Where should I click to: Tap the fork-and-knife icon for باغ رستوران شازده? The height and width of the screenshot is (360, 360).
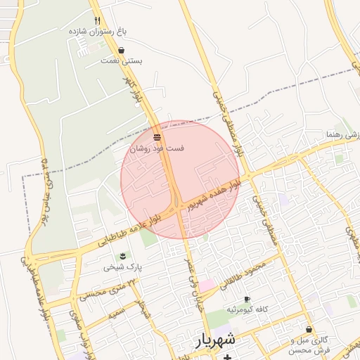(x=98, y=20)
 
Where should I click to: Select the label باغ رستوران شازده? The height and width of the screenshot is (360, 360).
(x=98, y=32)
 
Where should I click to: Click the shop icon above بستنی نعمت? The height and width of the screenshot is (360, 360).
(x=122, y=51)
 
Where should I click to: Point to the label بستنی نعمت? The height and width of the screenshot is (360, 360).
(x=122, y=61)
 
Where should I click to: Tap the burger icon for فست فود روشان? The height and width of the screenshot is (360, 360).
(x=157, y=136)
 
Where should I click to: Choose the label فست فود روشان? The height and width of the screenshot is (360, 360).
(x=157, y=148)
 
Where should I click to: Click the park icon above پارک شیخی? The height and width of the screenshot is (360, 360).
(x=123, y=255)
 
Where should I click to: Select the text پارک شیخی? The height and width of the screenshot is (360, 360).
(x=123, y=266)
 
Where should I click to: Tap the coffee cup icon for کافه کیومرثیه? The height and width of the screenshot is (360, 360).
(x=246, y=299)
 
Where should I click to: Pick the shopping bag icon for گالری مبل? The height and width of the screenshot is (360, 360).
(x=309, y=329)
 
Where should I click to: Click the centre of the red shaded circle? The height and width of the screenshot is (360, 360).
(x=180, y=180)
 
